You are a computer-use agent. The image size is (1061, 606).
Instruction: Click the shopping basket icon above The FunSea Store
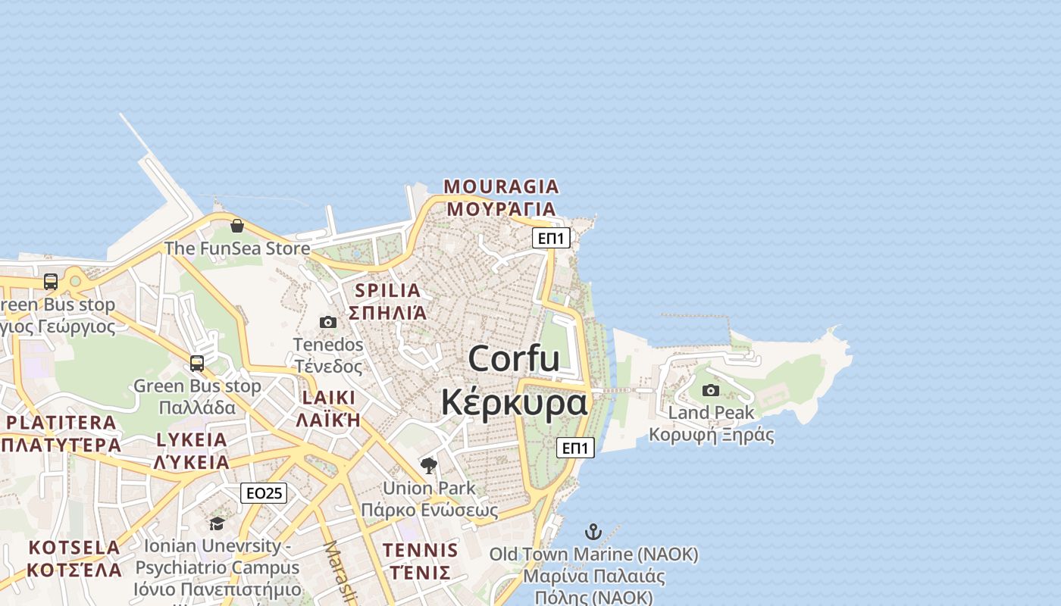click(237, 225)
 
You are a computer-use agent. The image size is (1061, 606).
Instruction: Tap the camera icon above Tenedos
click(328, 322)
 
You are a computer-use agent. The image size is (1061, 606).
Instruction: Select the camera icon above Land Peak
click(711, 390)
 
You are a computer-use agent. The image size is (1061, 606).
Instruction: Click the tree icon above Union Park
click(429, 465)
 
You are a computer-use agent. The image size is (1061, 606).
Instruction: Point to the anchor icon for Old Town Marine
click(593, 532)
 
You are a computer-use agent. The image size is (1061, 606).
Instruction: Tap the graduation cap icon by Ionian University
click(218, 523)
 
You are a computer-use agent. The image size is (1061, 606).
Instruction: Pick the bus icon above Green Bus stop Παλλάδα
click(197, 364)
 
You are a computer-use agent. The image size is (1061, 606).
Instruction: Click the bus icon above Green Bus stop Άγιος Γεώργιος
click(51, 282)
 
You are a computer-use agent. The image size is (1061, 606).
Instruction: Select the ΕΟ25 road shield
click(264, 493)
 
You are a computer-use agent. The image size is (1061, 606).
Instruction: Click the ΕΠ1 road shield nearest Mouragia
click(550, 238)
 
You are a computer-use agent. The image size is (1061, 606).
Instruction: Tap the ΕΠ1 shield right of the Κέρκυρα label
click(575, 448)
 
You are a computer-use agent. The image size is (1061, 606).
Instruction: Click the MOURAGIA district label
click(501, 186)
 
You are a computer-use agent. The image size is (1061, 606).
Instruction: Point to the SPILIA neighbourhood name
click(387, 290)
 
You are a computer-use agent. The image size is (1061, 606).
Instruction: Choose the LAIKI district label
click(328, 398)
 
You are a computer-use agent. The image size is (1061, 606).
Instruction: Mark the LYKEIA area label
click(192, 440)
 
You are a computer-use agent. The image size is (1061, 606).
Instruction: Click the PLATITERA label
click(61, 423)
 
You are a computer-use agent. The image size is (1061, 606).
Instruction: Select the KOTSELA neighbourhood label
click(74, 547)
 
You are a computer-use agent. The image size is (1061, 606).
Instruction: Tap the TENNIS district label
click(421, 550)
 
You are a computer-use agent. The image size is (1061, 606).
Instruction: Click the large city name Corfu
click(514, 358)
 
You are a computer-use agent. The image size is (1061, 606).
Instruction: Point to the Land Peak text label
click(711, 413)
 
